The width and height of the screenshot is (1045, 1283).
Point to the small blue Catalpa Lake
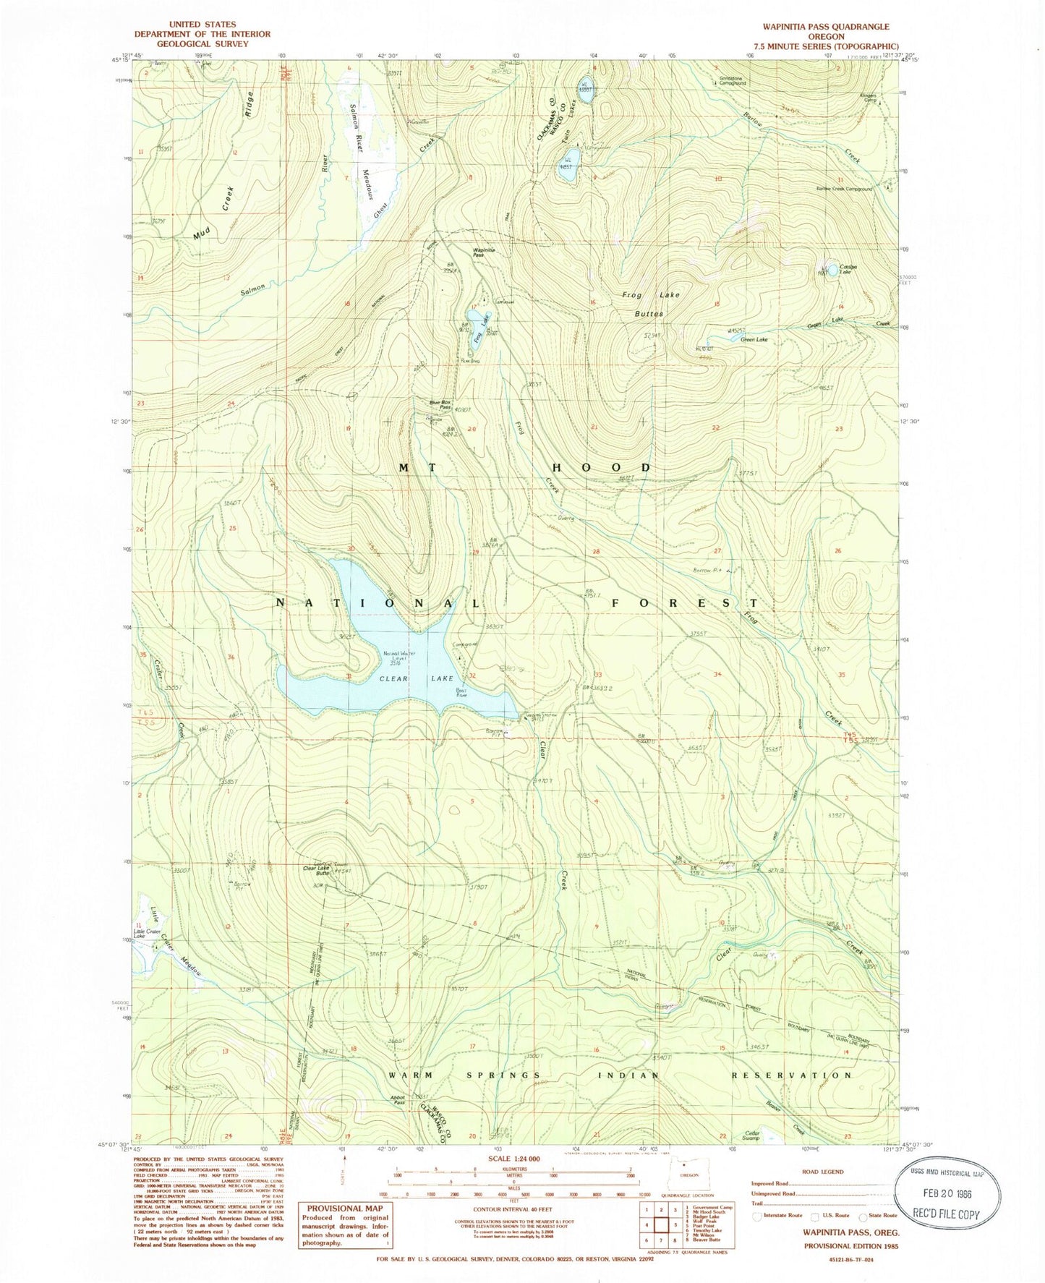click(x=833, y=270)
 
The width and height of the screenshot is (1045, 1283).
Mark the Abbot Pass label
click(x=397, y=1099)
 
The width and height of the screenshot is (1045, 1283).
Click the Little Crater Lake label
click(x=138, y=932)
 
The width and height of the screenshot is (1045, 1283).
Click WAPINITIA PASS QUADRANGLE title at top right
click(x=825, y=27)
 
